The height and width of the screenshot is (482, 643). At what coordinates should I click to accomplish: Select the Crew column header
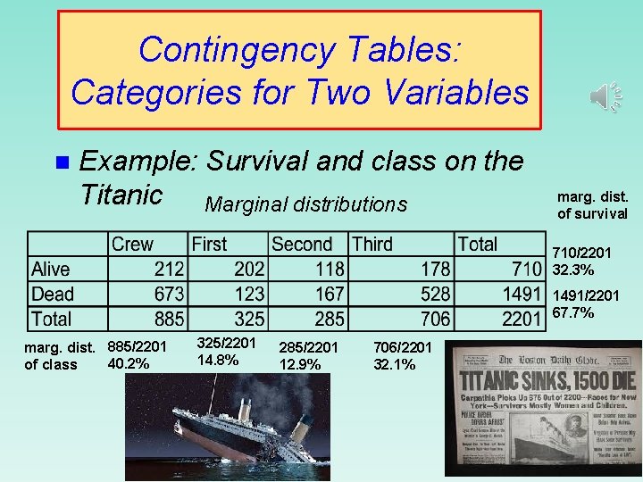[131, 245]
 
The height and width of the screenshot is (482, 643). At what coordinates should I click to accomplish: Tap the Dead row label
[53, 294]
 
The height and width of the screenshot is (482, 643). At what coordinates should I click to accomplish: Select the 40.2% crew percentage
[129, 363]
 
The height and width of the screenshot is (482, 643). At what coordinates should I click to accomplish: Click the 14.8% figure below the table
[218, 360]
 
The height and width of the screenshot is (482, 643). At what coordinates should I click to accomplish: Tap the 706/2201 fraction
[403, 347]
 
